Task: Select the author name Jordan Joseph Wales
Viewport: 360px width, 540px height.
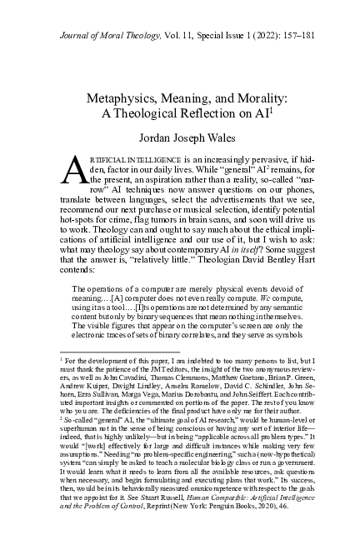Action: [x=180, y=138]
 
